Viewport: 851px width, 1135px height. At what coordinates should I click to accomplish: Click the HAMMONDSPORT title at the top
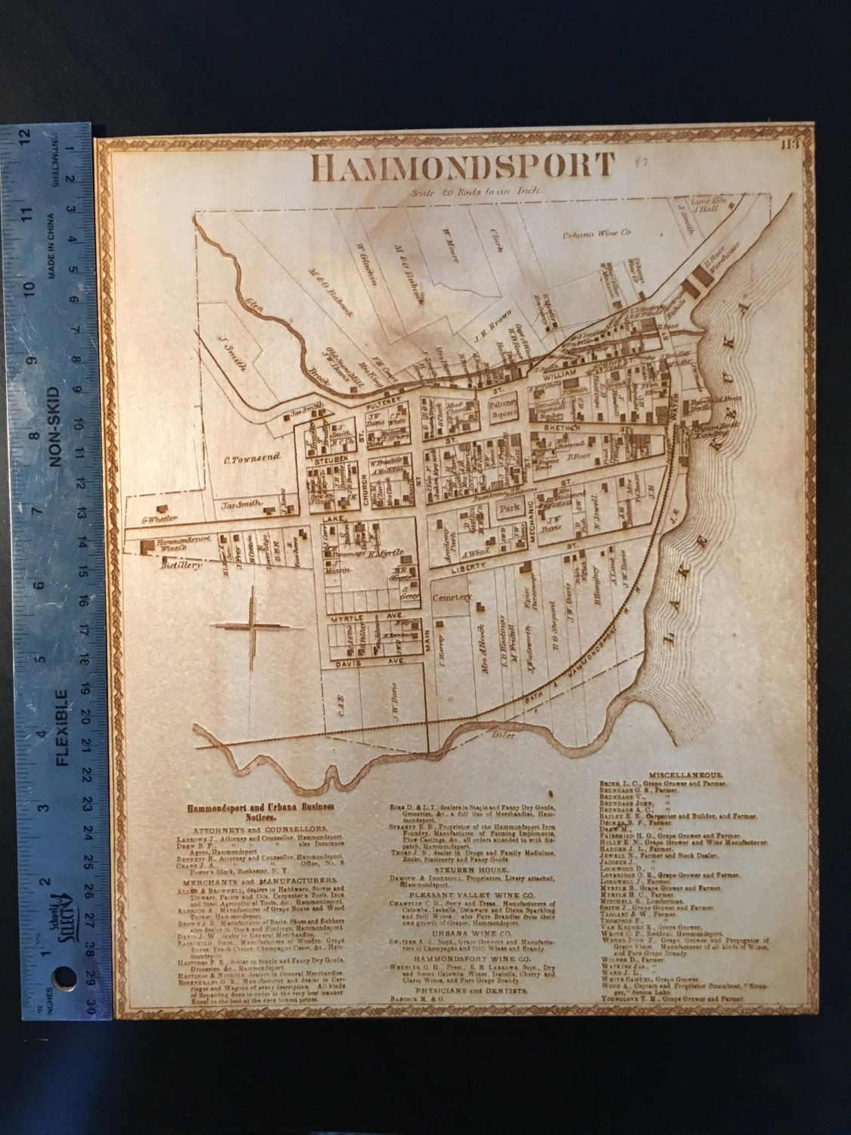(x=463, y=167)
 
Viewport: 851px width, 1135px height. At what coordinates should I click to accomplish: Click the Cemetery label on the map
(x=452, y=598)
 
